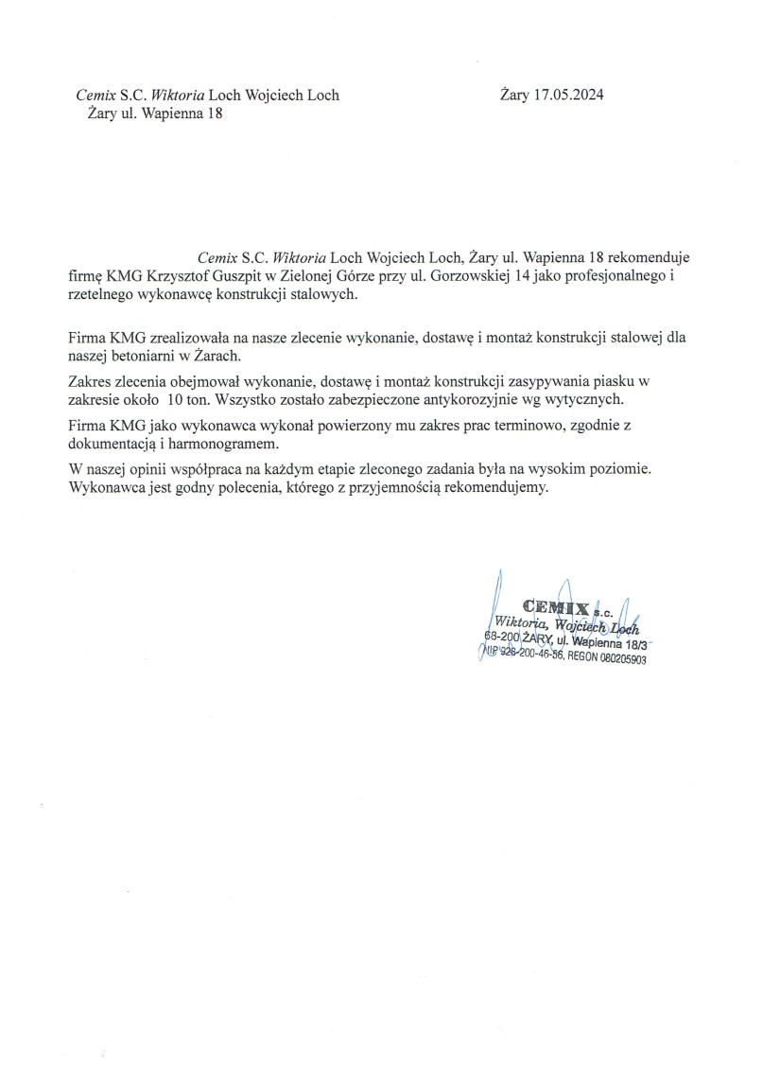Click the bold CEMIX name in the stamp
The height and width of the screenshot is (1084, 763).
click(556, 606)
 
